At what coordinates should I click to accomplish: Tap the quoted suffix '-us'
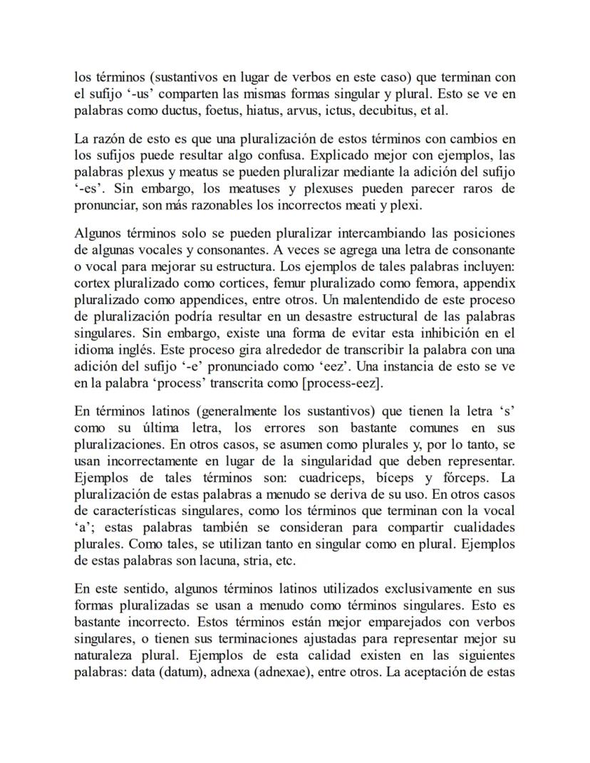(120, 94)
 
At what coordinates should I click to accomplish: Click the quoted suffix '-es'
(90, 189)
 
